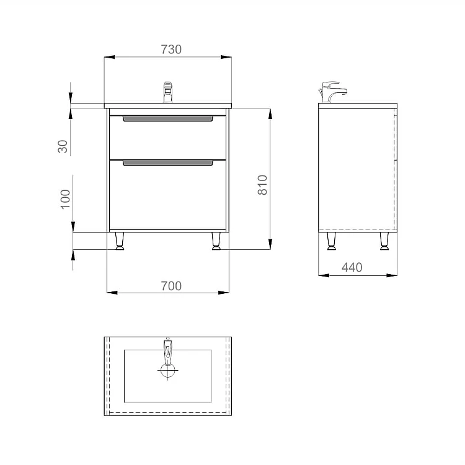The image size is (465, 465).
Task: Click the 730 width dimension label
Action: click(171, 50)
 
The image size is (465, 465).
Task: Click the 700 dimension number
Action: click(171, 286)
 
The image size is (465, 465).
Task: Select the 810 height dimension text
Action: click(262, 185)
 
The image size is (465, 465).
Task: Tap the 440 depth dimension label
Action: click(352, 267)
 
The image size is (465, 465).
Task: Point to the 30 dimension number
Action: click(63, 146)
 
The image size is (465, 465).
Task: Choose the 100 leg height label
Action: click(65, 199)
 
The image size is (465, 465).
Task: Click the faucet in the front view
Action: click(168, 92)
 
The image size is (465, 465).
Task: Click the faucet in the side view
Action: click(332, 92)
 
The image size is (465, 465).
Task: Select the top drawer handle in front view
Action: click(168, 118)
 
